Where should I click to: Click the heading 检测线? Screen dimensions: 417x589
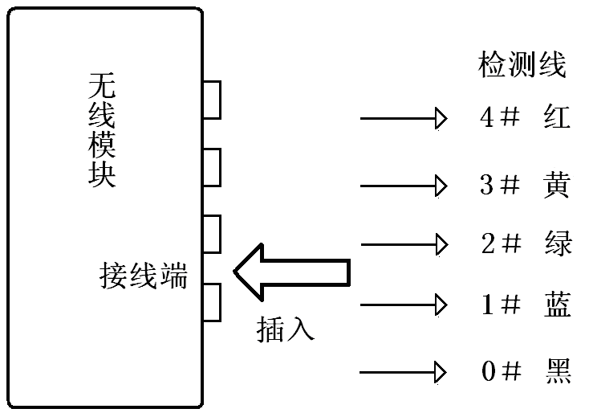522,65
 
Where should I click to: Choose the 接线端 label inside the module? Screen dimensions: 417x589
144,276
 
